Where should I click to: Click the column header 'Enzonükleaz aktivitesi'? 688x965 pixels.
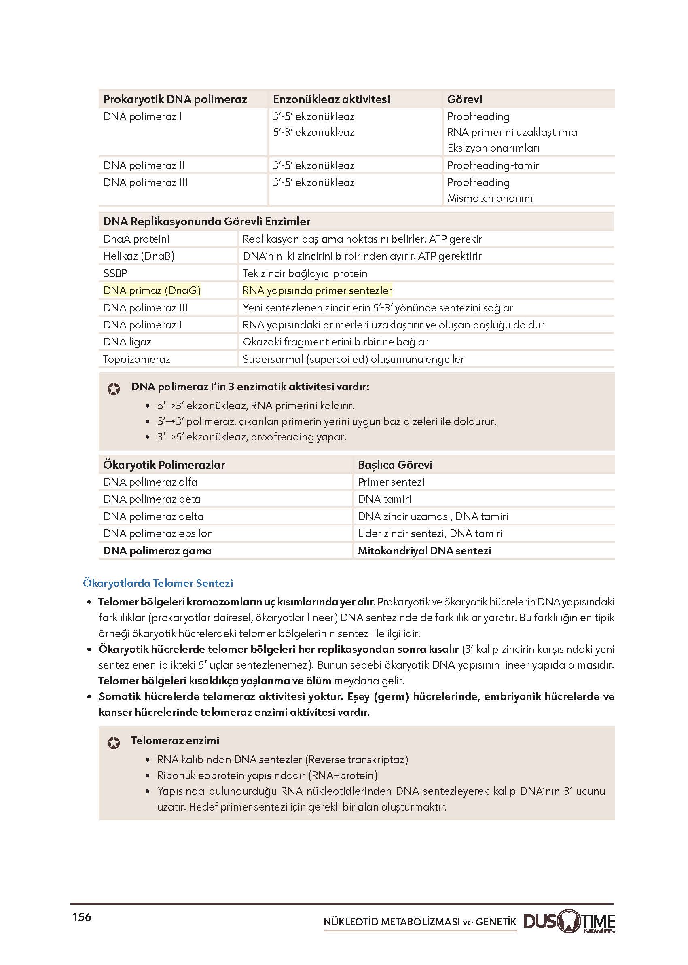(331, 99)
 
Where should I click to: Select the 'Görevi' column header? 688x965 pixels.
(464, 99)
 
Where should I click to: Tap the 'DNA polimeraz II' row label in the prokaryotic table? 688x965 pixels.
(144, 165)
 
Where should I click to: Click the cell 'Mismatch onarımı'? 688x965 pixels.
(490, 198)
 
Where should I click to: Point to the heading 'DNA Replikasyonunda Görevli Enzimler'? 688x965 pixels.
(207, 221)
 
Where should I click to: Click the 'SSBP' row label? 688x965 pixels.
(115, 273)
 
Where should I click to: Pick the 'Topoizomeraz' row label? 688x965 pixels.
(136, 359)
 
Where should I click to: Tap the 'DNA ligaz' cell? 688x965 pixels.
(127, 342)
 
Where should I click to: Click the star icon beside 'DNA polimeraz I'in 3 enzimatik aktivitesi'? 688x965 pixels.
(114, 389)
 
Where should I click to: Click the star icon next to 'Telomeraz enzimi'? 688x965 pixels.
(114, 743)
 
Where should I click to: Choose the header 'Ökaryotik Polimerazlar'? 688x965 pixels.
(164, 465)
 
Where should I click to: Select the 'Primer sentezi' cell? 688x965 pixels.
(391, 482)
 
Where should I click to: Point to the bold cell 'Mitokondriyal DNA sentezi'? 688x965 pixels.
(425, 551)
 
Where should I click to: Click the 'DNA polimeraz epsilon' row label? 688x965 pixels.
(158, 533)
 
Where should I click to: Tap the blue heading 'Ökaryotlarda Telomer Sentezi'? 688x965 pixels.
(158, 583)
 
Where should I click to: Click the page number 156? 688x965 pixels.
(82, 917)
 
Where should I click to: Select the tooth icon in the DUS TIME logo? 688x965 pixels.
(569, 921)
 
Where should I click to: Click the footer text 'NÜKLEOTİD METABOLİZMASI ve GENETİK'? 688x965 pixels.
(420, 922)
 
